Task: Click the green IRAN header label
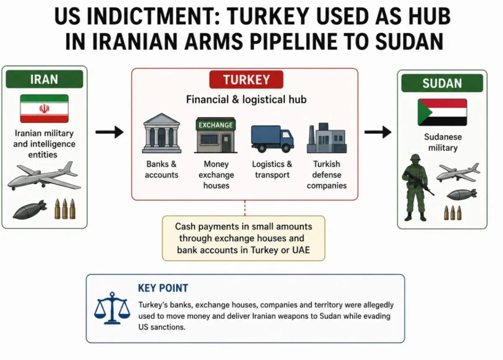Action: [x=44, y=79]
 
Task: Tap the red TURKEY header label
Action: [x=246, y=80]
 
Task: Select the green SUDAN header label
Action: [x=442, y=83]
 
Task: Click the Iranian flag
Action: [x=44, y=109]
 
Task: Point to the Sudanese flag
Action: [x=442, y=112]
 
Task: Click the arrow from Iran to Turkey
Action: [x=109, y=132]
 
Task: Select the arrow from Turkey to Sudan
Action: [x=378, y=132]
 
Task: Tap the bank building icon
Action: [x=162, y=133]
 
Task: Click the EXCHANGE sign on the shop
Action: [x=216, y=125]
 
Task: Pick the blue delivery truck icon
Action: [x=272, y=138]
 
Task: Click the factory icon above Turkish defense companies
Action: [x=327, y=138]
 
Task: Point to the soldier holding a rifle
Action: [x=417, y=188]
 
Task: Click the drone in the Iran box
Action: [x=44, y=176]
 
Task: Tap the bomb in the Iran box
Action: [x=30, y=209]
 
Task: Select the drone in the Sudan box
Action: [x=458, y=172]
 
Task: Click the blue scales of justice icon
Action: [x=112, y=308]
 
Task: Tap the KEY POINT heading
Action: [x=163, y=288]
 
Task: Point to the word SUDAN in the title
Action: [x=410, y=42]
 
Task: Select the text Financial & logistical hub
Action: [x=246, y=99]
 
